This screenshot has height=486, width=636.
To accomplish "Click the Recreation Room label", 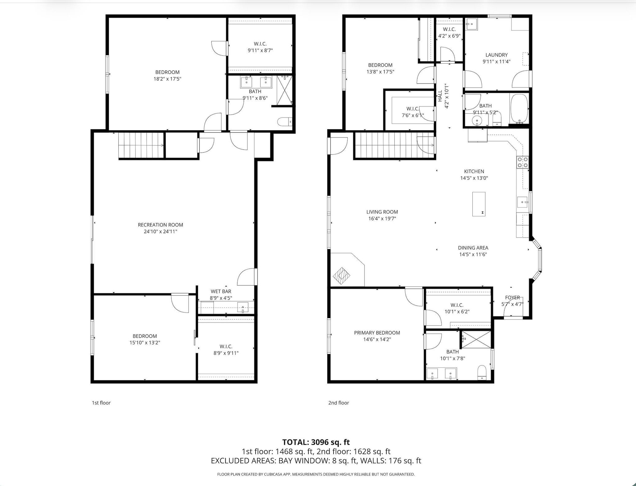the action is [160, 225].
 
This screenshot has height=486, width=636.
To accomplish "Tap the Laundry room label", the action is [496, 55].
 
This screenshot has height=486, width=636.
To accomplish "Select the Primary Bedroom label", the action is [377, 333].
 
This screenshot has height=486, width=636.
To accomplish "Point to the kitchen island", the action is [479, 204].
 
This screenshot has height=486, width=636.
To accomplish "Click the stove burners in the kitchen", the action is [522, 162].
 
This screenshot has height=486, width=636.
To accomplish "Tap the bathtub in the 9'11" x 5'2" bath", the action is [519, 108].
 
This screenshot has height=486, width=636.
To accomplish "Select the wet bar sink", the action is [243, 307].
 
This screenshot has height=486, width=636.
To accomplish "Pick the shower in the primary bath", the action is [475, 340].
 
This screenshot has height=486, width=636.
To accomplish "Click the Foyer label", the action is [512, 297].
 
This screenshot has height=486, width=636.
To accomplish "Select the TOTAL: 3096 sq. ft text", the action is [316, 442].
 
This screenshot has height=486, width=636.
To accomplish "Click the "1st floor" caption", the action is [101, 403].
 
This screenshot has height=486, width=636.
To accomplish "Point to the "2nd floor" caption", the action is [338, 403].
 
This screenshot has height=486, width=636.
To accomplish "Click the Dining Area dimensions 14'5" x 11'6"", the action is [473, 254].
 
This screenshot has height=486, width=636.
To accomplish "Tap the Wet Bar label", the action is [221, 291].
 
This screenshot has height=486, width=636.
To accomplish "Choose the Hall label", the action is [440, 96].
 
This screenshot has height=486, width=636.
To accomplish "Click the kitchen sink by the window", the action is [522, 202].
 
